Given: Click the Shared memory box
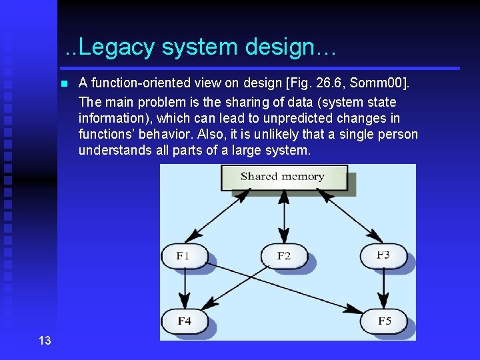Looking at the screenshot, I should tap(283, 177).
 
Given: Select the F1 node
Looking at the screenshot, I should tap(183, 256).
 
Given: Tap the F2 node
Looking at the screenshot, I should tap(284, 256).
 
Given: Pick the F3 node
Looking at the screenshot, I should tap(383, 255).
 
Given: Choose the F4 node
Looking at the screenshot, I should tap(184, 321).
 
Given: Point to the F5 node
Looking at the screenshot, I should tap(384, 321).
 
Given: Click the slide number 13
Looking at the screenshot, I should tap(45, 341).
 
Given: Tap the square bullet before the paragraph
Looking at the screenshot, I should tap(63, 84).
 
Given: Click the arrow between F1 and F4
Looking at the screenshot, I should tap(185, 288).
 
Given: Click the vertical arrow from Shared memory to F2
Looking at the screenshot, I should tap(284, 217).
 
